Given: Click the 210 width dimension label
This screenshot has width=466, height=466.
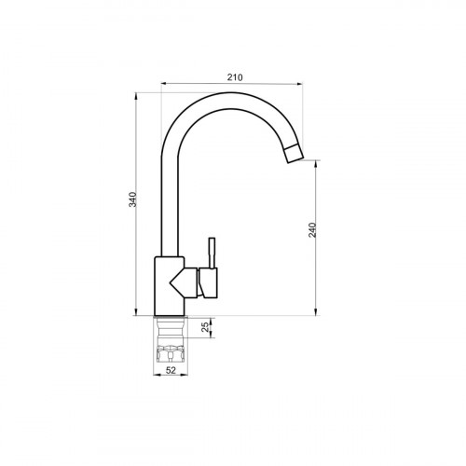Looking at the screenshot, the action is coord(235,77).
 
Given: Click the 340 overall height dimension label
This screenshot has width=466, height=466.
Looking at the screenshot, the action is coord(132,199).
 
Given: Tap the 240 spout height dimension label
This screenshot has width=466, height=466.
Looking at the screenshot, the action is coord(312,230).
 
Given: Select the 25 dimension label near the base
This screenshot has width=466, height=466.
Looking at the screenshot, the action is coord(205,327).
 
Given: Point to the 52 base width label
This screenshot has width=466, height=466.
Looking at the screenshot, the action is coord(171,370).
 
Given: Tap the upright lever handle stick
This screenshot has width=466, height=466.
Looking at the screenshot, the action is coord(212,253).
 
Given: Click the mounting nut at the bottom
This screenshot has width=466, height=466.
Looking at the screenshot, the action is coord(171,354).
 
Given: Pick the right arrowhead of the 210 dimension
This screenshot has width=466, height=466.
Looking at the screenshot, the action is coord(299,83).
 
